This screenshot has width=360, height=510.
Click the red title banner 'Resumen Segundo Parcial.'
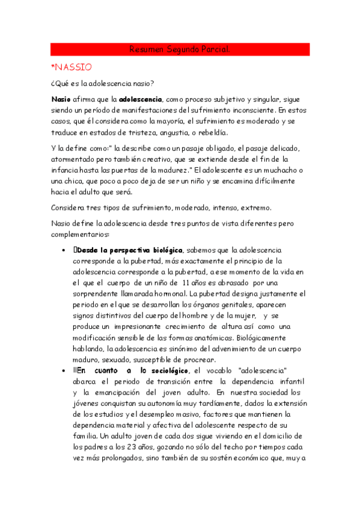180,49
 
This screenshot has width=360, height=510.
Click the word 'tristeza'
146,133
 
